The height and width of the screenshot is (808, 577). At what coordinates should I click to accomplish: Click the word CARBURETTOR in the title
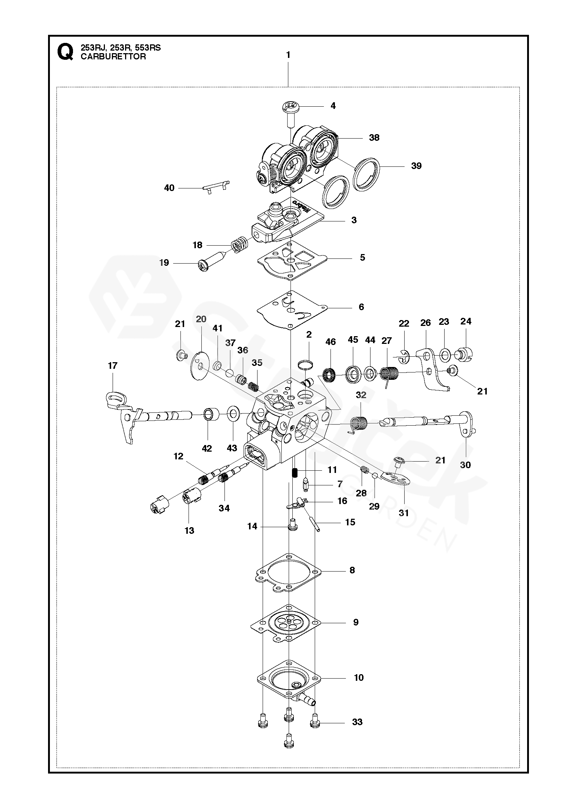[113, 57]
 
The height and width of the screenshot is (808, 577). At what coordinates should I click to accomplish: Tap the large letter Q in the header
[65, 52]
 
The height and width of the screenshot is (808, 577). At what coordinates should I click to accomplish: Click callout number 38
[374, 138]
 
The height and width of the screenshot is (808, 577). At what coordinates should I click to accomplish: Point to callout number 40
[169, 188]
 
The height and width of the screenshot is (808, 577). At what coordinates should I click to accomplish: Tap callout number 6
[361, 307]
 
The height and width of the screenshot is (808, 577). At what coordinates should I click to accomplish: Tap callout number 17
[113, 366]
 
